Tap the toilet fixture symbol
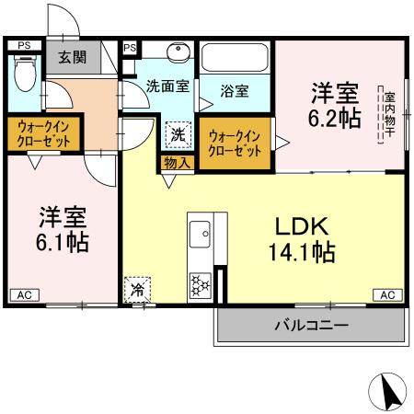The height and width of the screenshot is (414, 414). coord(25,75)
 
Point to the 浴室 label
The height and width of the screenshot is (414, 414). coord(235,91)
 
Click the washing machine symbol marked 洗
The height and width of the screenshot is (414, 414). coord(178,134)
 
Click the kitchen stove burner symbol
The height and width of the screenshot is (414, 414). coord(199,285)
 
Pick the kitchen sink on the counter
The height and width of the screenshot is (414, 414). coord(200,237)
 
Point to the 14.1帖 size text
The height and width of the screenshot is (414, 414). coord(299,251)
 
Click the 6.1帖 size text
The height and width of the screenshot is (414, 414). coord(62,243)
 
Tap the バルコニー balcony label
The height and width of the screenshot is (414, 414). coord(311,325)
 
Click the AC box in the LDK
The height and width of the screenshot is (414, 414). coord(387,294)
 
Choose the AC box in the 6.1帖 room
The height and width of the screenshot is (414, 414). coord(24,294)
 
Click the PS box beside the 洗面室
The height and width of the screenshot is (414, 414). coord(130,47)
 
